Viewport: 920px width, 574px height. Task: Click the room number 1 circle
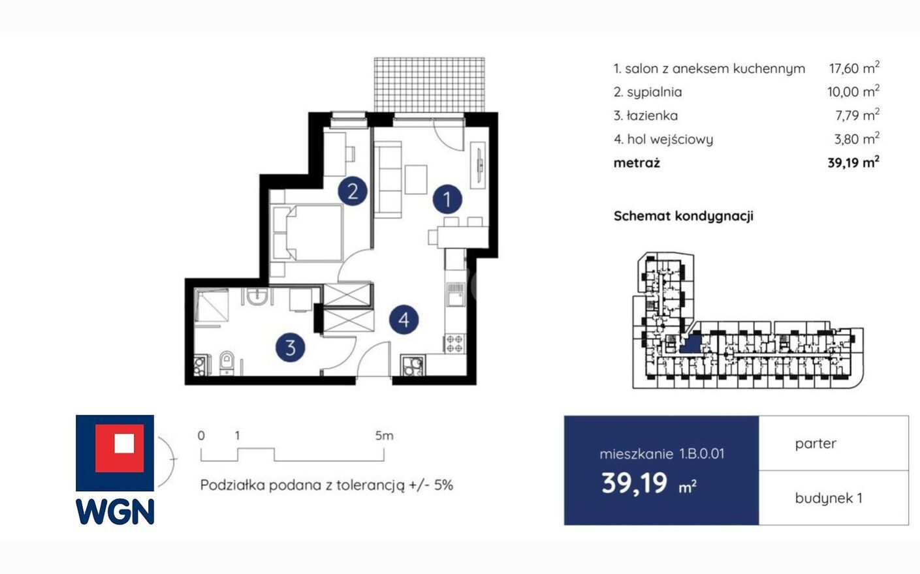(x=447, y=199)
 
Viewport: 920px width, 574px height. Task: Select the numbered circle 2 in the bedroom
(x=353, y=190)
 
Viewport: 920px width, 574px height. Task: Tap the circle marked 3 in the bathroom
(x=291, y=348)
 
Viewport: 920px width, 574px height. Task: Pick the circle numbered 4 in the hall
(x=404, y=320)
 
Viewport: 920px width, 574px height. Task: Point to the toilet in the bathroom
(x=227, y=363)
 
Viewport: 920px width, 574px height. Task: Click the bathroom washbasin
(x=257, y=296)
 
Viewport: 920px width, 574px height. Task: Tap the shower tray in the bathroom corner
(x=212, y=306)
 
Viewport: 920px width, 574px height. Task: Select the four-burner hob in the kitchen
(x=454, y=344)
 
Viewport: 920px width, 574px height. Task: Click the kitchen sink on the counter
(x=455, y=295)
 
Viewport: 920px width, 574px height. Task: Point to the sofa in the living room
(x=388, y=180)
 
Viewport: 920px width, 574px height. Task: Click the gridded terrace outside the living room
(x=429, y=85)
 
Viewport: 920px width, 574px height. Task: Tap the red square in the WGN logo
(x=119, y=448)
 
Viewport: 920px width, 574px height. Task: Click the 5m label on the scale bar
(x=384, y=435)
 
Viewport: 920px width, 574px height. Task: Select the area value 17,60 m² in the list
(x=854, y=68)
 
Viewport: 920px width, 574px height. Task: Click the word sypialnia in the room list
(x=654, y=92)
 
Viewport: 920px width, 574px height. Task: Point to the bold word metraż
(x=637, y=163)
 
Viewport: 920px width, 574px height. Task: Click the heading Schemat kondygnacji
(x=684, y=216)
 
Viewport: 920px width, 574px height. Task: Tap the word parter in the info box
(x=816, y=444)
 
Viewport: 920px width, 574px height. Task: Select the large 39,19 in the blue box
(x=634, y=483)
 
